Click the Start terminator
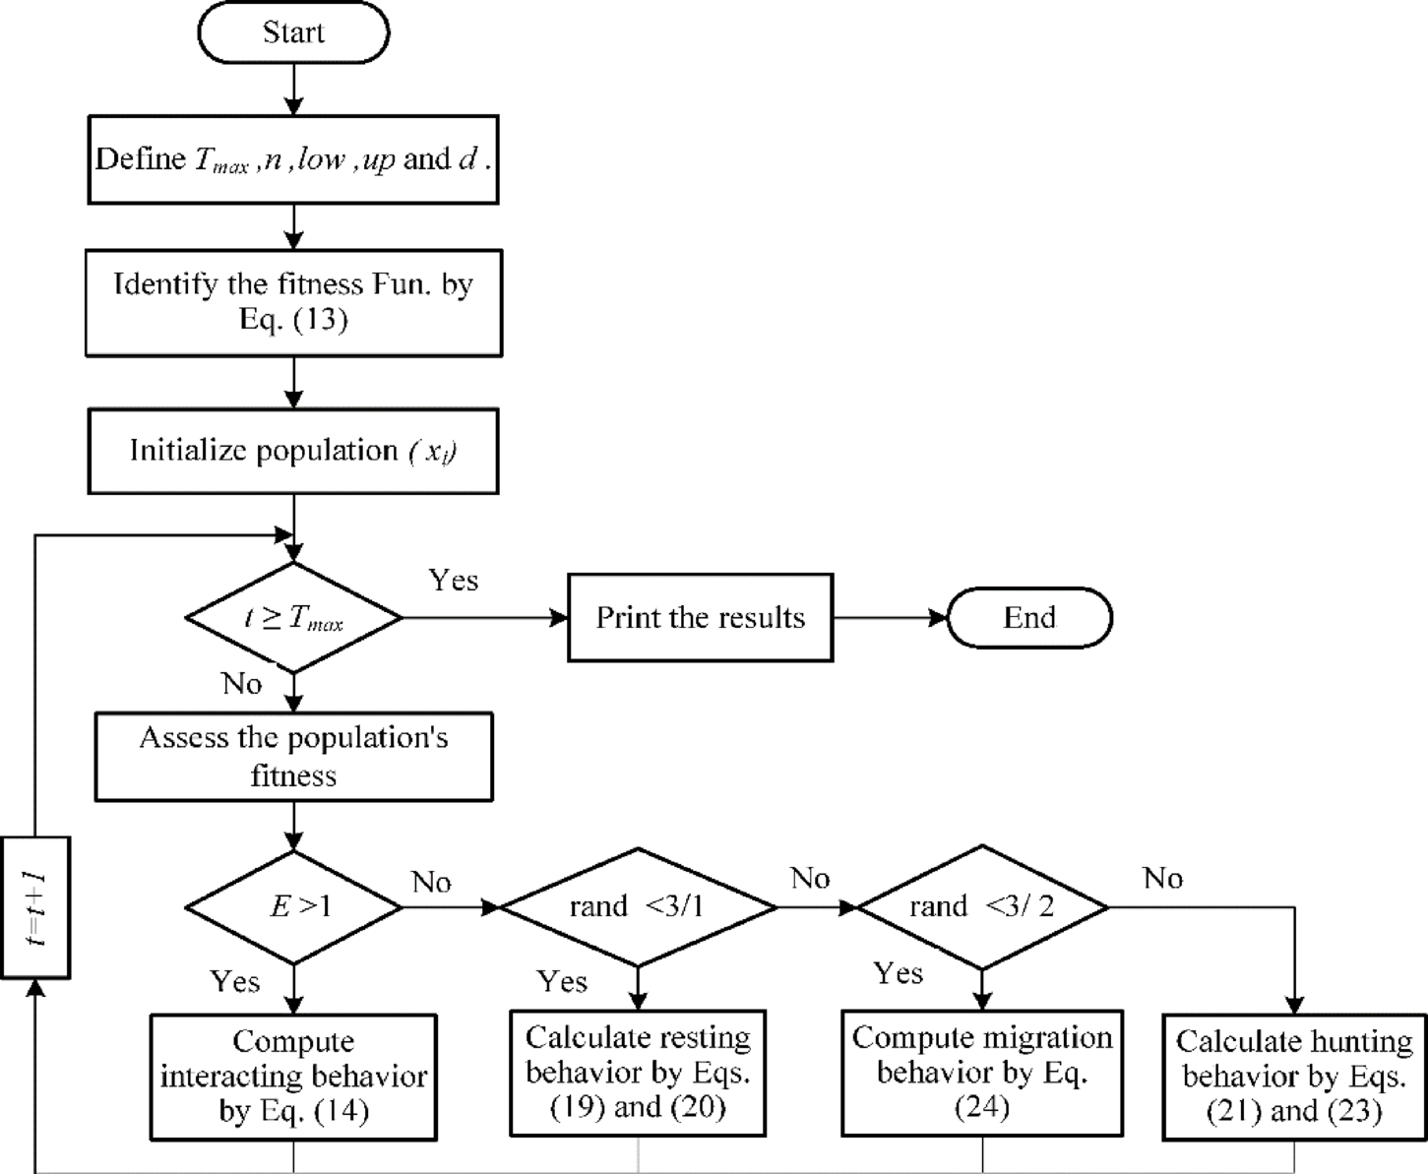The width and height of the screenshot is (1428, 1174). pos(293,32)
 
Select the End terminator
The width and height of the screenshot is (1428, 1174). pos(1029,618)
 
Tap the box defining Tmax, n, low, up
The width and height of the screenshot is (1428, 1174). pos(293,159)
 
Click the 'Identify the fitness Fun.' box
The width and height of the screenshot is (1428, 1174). pos(293,302)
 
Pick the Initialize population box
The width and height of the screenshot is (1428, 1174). pos(293,451)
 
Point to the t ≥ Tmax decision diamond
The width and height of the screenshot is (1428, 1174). pos(293,618)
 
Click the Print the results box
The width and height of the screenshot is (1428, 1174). pos(700,618)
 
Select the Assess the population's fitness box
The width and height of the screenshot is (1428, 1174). pos(293,757)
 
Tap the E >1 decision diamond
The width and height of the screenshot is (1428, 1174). pos(293,906)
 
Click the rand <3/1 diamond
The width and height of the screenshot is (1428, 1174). pos(638,906)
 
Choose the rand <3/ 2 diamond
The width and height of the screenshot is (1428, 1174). pos(982,906)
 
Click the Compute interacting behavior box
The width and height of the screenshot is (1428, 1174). pos(293,1077)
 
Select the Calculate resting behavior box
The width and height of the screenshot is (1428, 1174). pos(638,1073)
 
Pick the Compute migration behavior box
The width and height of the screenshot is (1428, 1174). pos(982,1073)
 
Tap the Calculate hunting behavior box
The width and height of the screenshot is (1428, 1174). pos(1294,1077)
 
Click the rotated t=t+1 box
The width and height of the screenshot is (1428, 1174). pos(36,907)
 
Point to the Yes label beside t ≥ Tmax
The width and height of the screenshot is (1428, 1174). pos(454,581)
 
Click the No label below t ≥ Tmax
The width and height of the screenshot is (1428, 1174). pos(242,683)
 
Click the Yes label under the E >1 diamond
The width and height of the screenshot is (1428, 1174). pos(235,981)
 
